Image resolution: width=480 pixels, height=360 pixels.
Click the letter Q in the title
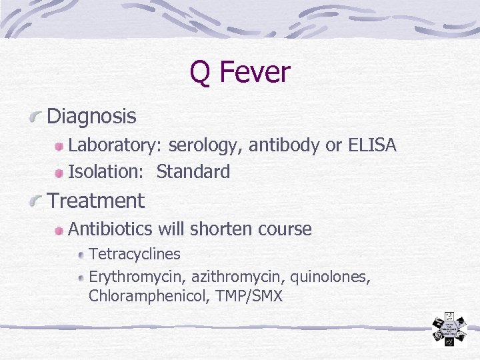[x=201, y=72]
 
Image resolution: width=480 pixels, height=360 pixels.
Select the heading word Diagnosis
[x=92, y=117]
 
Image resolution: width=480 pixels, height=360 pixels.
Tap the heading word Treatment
[x=96, y=200]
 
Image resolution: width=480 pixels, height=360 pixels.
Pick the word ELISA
[x=372, y=145]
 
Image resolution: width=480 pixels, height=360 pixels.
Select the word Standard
[x=193, y=172]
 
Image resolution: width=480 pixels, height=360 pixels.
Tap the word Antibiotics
[x=111, y=229]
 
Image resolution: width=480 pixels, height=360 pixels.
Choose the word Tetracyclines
[x=135, y=254]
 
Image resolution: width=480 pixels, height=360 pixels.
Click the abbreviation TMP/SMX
[x=249, y=296]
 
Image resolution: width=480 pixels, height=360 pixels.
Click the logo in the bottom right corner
[x=449, y=329]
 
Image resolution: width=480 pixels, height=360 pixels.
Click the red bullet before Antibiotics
[x=59, y=231]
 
